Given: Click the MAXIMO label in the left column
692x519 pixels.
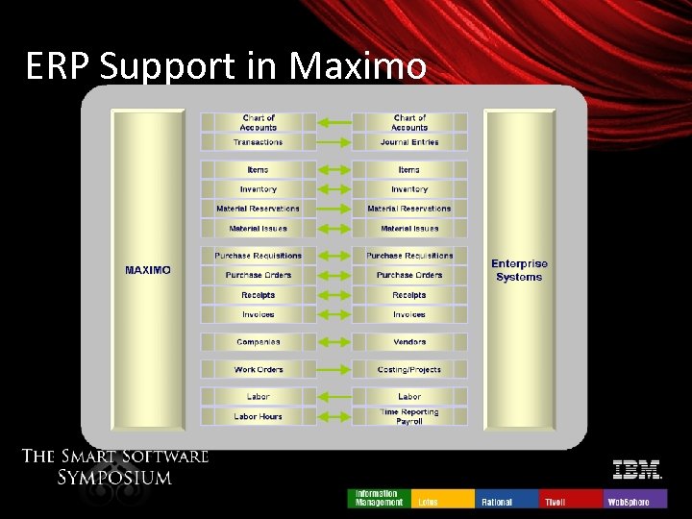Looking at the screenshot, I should pos(148,270).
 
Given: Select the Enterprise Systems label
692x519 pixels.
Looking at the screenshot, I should pos(519,270).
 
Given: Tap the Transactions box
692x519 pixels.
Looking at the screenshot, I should pos(258,142).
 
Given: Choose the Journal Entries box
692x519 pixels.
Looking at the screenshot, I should pos(409,142).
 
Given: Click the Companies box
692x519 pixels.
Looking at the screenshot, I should pos(258,342).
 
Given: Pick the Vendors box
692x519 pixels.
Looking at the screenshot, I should pos(409,342).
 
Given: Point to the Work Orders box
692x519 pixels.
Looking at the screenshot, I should pos(258,370).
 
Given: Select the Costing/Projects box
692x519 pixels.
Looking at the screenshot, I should pos(409,370).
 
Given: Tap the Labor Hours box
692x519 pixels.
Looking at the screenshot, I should pos(258,416).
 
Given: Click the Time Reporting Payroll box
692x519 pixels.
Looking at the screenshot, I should pos(409,416).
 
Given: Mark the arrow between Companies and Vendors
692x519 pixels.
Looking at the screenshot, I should pos(334,342).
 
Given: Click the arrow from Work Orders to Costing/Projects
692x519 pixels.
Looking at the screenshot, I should pos(334,370).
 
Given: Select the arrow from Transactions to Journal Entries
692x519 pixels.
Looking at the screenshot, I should pos(334,142).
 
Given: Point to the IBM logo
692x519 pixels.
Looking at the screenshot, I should pos(637,470).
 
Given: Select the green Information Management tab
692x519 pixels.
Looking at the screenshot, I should pos(379,499).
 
